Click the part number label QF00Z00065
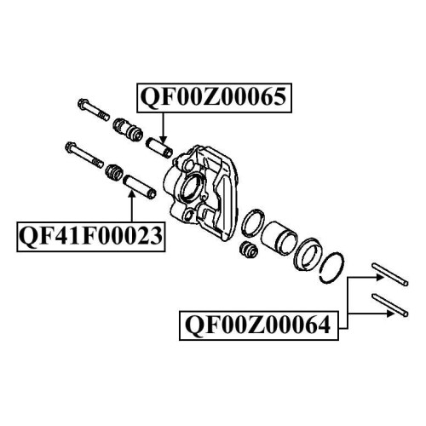(214, 97)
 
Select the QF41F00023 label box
(91, 237)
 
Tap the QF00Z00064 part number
(258, 325)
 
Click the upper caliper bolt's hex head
(83, 105)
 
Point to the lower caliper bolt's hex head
(70, 147)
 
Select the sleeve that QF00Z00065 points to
(159, 147)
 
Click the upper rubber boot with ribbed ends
(127, 130)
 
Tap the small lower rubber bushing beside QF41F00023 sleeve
(114, 172)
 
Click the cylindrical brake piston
(279, 236)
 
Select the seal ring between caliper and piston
(254, 223)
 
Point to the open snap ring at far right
(331, 268)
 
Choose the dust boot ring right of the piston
(308, 254)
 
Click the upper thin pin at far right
(390, 274)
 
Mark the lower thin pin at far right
(390, 305)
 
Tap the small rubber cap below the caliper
(249, 250)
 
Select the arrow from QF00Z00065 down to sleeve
(163, 128)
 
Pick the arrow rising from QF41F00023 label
(131, 206)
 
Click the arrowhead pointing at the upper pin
(380, 278)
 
